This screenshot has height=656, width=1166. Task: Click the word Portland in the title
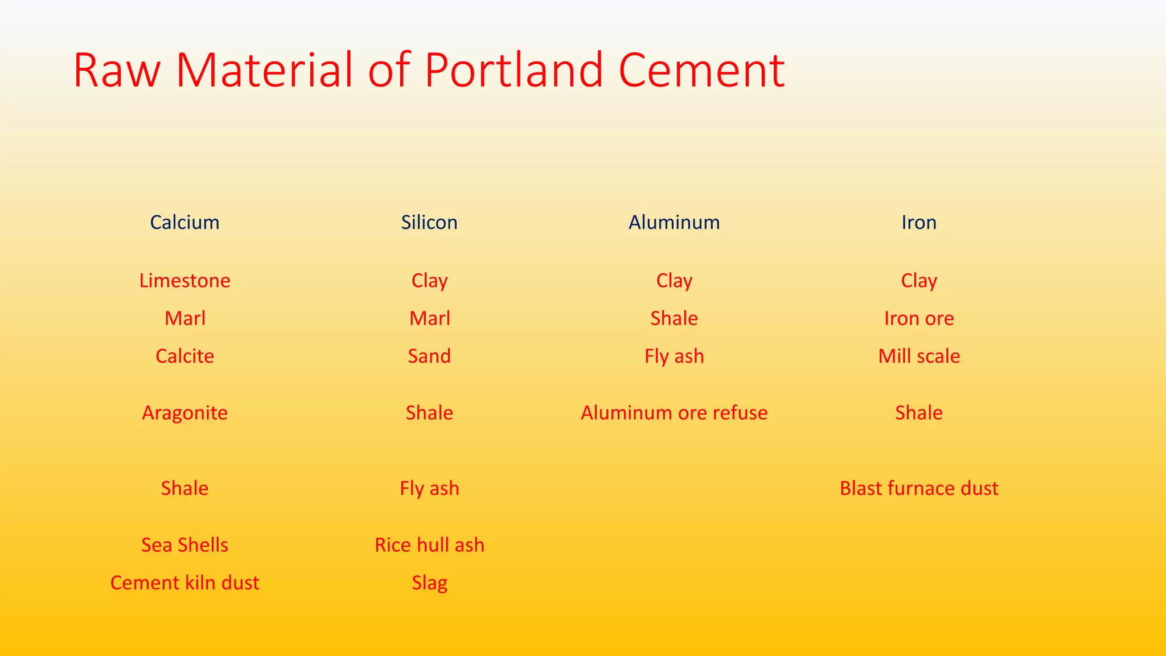514,71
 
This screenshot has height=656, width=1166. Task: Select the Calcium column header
184,222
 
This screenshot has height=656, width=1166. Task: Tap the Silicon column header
429,222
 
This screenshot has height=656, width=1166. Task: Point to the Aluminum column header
674,222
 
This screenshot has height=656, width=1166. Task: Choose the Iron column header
919,222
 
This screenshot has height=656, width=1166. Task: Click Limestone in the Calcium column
184,281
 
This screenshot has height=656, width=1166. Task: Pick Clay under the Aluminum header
674,281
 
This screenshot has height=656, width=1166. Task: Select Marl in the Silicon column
429,318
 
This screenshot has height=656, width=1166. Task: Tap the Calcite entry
184,356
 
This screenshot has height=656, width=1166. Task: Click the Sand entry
429,356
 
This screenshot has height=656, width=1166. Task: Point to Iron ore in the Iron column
919,318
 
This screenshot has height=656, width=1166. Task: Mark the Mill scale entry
919,356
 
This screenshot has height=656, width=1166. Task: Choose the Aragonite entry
184,413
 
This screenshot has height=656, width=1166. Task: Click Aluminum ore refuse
674,413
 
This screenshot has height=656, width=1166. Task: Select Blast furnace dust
919,489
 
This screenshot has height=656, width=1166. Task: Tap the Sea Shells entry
184,545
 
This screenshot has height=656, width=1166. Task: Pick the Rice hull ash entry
429,545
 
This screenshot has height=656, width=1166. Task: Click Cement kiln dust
184,583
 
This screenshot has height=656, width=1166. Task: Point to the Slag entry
429,583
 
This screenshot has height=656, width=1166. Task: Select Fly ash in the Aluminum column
674,356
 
